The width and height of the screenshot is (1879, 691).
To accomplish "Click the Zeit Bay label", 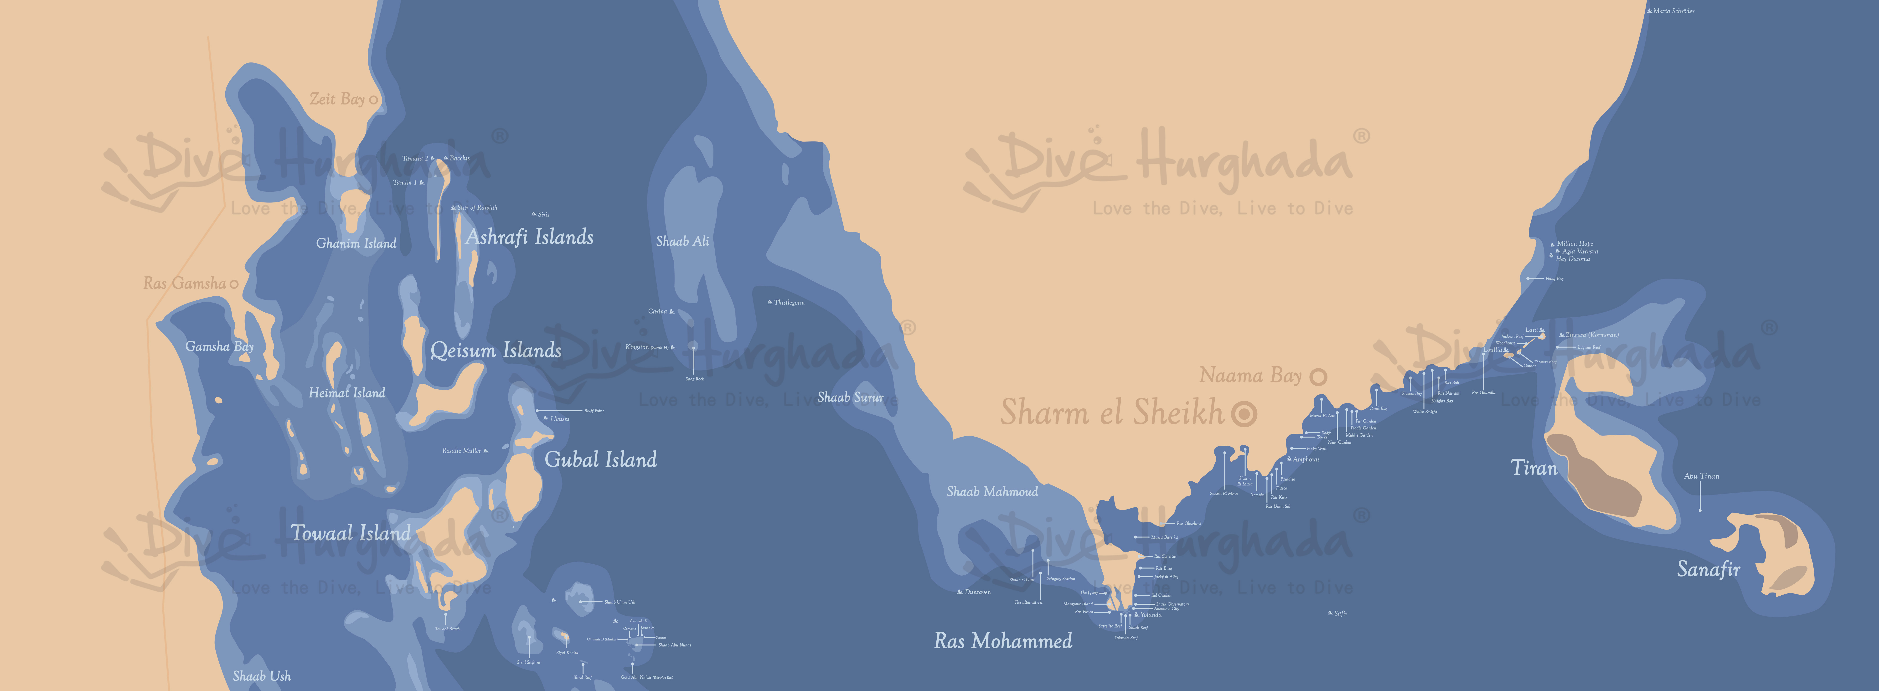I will pos(337,99).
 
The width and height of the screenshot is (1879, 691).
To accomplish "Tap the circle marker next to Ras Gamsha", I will pos(234,284).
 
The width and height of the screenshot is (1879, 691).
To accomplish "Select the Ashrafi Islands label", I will pos(530,237).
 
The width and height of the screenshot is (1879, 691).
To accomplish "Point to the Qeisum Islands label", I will pos(496,350).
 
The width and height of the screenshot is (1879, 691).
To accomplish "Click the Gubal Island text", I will pos(601,460).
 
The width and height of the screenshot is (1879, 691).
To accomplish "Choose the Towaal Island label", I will pos(351,533).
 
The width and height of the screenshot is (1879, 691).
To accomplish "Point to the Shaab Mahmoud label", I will pos(992,492).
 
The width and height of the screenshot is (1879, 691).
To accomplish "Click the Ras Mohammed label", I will pos(1003,641).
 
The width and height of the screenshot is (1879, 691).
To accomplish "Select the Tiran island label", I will pos(1534,468).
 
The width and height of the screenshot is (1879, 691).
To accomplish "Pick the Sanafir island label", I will pos(1708,569).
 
